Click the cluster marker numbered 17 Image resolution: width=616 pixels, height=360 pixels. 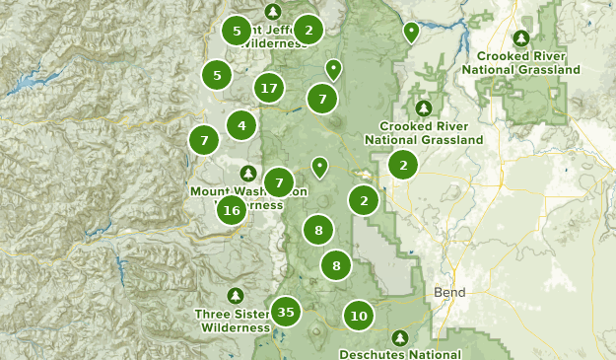point(268,89)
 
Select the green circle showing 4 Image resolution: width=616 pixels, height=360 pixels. point(241,125)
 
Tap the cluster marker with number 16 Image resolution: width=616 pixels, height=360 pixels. point(232,209)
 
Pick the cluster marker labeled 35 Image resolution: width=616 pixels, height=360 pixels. point(286,313)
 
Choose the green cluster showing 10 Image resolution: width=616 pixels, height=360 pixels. point(359,317)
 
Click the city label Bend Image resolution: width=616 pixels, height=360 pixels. point(449,293)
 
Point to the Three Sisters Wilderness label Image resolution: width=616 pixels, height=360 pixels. point(235,321)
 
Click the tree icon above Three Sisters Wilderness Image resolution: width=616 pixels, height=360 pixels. point(235,296)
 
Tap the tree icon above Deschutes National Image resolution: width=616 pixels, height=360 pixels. point(399,338)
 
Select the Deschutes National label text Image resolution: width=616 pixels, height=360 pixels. point(399,354)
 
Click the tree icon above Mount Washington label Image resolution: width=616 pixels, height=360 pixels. point(248,174)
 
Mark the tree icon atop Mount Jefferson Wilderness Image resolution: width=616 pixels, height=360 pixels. point(274,10)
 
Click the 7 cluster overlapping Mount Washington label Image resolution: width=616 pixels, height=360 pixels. point(280,182)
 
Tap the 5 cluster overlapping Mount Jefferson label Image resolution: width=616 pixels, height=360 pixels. point(237,31)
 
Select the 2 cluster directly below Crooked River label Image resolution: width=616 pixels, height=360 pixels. point(402,166)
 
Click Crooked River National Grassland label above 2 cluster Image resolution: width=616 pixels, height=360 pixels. point(424,133)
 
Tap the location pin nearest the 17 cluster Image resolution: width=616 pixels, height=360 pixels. point(334,69)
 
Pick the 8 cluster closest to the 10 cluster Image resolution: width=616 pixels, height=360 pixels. point(336,265)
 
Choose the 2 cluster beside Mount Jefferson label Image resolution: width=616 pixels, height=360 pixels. point(308,31)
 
